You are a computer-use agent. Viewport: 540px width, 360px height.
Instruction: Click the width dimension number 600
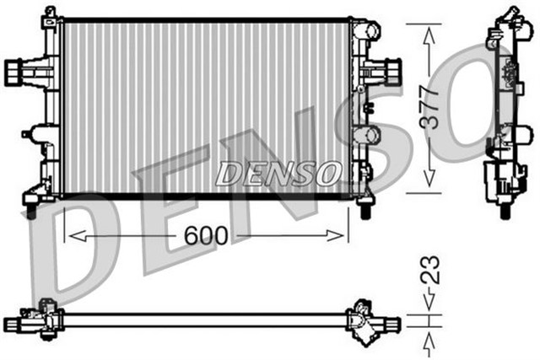click(x=207, y=236)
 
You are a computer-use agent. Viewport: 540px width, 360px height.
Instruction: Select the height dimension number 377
click(x=429, y=106)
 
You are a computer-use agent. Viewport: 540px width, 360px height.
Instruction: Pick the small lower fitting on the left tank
click(x=40, y=135)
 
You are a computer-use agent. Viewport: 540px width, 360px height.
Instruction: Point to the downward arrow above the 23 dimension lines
click(x=429, y=299)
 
